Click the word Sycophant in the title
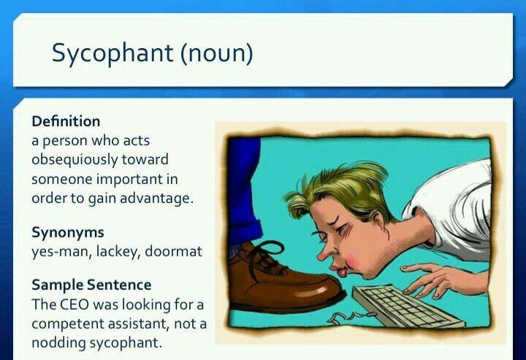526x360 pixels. point(113,53)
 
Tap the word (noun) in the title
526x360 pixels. point(217,53)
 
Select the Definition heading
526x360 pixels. point(66,121)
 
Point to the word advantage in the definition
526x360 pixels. point(156,199)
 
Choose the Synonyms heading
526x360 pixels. point(68,233)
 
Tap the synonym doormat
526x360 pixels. point(173,251)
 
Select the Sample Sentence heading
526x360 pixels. point(91,285)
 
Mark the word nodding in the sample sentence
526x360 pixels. point(58,342)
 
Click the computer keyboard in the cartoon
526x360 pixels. point(408,306)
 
